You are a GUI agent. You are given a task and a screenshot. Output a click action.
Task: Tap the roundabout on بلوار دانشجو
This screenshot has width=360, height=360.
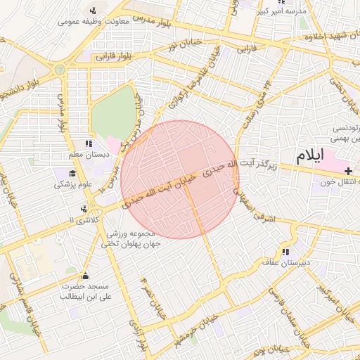click(x=59, y=70)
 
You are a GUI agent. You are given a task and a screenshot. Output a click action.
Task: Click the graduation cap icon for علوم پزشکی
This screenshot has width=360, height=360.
click(x=73, y=173)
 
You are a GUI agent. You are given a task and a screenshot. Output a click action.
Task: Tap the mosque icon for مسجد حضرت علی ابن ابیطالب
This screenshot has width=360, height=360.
click(x=86, y=276)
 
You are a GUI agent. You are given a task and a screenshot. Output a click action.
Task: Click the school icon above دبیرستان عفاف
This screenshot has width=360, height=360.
click(x=285, y=252)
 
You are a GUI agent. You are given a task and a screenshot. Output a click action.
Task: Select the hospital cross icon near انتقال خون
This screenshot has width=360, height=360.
click(x=349, y=171)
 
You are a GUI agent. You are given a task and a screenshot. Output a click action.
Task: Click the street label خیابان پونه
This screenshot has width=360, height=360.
click(x=271, y=349)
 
